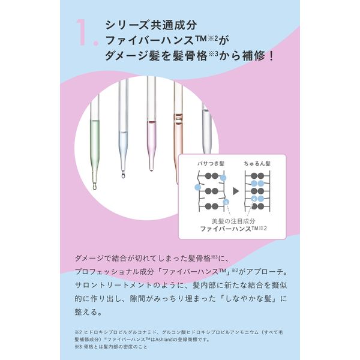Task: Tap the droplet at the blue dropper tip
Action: tap(122, 176)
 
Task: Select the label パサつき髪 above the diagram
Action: tap(210, 164)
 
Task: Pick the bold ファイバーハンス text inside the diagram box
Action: tap(221, 229)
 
